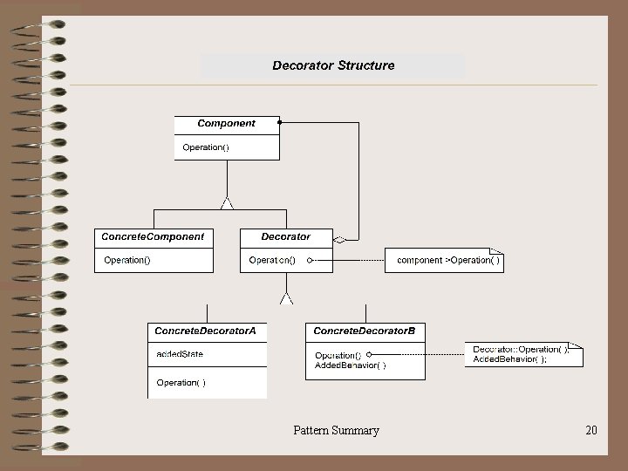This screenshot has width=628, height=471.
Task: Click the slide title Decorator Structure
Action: click(333, 65)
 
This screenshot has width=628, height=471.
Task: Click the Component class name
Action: click(227, 124)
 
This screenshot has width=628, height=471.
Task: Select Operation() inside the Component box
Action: click(206, 147)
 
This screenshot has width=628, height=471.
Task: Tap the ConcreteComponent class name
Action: click(153, 236)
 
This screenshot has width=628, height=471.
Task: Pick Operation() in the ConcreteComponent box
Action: click(127, 260)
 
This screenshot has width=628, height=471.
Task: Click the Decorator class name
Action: click(286, 236)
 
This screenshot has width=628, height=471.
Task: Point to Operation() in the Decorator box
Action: click(272, 260)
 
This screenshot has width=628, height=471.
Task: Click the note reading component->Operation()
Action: click(448, 260)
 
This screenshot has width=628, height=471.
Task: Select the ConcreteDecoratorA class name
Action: click(206, 331)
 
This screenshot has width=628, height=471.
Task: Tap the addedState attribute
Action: click(181, 354)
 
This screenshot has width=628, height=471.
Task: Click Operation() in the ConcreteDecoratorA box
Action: click(181, 382)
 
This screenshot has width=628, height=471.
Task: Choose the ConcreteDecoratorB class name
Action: click(364, 331)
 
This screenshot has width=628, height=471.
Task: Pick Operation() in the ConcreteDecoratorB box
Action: click(338, 355)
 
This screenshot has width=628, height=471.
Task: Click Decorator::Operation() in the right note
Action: click(521, 349)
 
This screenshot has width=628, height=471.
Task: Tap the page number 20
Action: click(591, 430)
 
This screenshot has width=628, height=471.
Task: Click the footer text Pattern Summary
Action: click(336, 430)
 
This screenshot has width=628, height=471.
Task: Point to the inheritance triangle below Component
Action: click(228, 203)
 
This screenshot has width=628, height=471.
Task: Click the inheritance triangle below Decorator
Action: click(286, 297)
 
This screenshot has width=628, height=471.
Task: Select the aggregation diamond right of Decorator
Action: click(341, 237)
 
